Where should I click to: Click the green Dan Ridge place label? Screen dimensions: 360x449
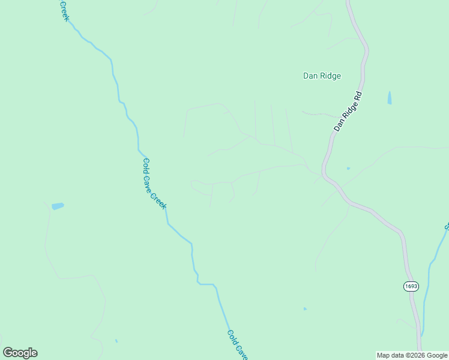(322, 76)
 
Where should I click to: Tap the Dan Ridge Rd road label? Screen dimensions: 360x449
(349, 112)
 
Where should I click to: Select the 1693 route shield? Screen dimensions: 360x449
(411, 286)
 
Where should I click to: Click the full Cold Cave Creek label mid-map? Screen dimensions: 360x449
(154, 183)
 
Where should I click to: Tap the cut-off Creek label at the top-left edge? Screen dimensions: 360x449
(64, 11)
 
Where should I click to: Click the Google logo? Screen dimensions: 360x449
(20, 353)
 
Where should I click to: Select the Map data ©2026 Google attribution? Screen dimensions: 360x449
(412, 355)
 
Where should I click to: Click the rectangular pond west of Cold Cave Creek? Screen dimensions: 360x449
(58, 206)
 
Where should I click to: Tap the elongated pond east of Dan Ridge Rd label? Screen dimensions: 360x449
(390, 98)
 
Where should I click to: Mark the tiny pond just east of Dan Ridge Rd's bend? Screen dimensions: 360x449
(348, 169)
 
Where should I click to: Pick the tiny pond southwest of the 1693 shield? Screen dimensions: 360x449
(305, 309)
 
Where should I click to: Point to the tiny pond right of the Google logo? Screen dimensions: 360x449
(116, 341)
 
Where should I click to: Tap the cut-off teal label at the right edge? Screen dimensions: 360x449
(447, 226)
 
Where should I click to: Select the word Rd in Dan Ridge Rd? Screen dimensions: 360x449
(359, 96)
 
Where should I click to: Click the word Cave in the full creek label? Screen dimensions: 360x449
(154, 183)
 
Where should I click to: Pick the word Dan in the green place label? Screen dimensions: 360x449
(310, 76)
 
